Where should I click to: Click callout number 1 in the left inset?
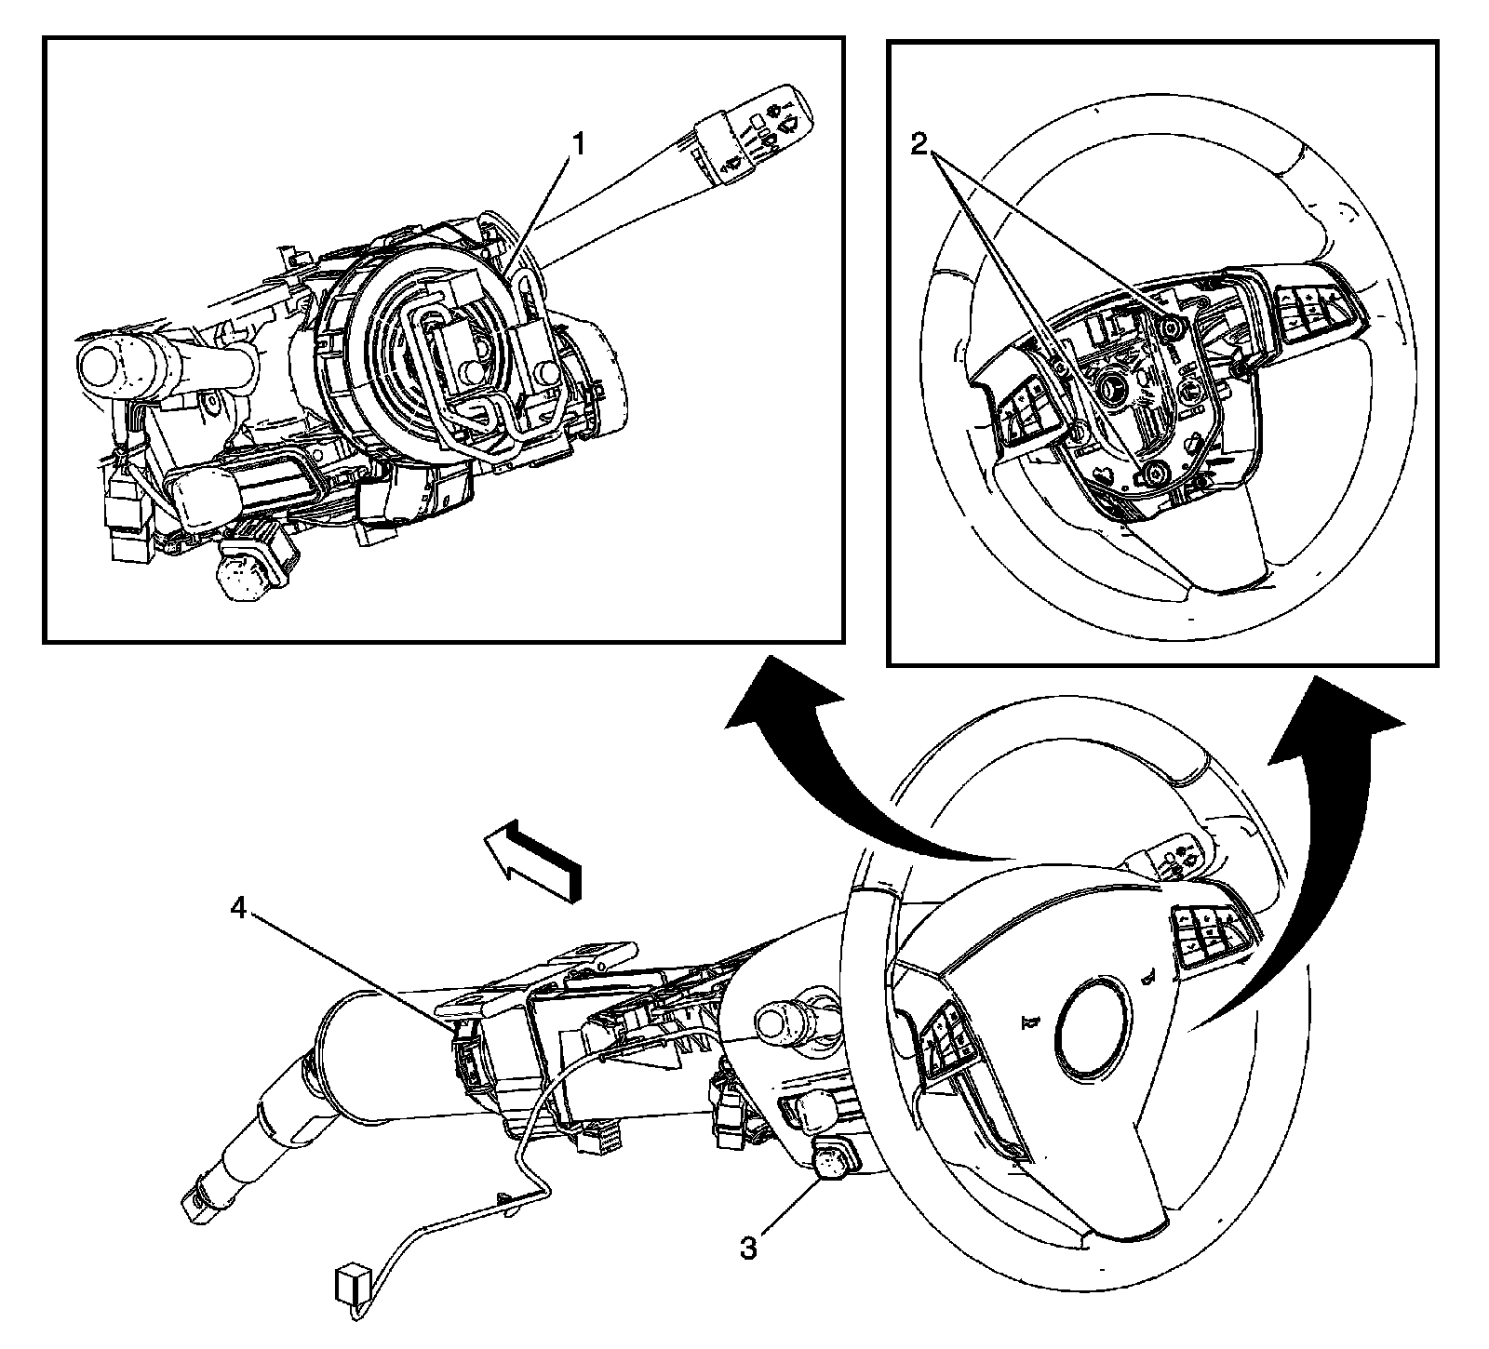pos(578,145)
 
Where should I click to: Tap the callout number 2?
pos(919,144)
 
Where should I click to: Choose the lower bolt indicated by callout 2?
pos(1154,473)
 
